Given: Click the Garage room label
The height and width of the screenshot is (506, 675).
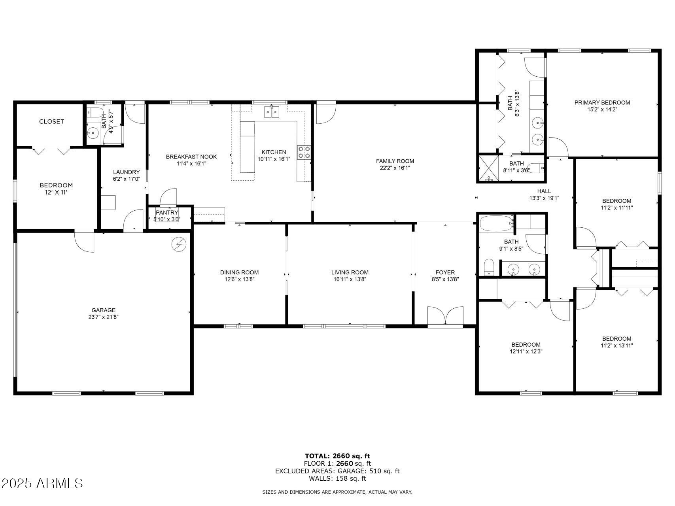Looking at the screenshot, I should [103, 310].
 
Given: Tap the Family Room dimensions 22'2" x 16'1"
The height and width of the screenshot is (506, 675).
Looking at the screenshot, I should [395, 168].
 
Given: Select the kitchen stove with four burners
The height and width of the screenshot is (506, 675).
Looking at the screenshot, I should [304, 152].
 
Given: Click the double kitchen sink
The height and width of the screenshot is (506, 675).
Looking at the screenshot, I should [272, 112].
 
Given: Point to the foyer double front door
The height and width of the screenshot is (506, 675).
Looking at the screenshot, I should [445, 316].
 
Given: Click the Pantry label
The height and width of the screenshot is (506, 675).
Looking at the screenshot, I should [167, 213].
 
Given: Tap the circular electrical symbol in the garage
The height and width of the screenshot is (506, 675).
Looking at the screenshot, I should [178, 244].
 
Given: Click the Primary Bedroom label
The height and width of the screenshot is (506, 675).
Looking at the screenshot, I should [602, 102].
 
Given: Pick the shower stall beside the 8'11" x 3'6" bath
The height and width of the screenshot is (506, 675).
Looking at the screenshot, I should [488, 169].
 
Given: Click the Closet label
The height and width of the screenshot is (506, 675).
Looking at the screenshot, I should [51, 121].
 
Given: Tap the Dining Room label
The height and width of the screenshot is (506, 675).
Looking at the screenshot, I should [239, 272].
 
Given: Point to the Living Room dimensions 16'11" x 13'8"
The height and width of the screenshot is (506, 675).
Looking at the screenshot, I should [350, 279].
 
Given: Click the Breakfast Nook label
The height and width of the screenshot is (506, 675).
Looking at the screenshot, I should [191, 157].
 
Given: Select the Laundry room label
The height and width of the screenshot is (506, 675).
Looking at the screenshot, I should [126, 172].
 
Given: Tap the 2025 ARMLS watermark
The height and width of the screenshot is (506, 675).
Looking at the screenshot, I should [42, 483].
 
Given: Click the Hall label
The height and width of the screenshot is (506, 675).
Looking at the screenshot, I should [544, 191].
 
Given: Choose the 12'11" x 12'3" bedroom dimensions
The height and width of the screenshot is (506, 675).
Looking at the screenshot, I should [526, 351].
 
